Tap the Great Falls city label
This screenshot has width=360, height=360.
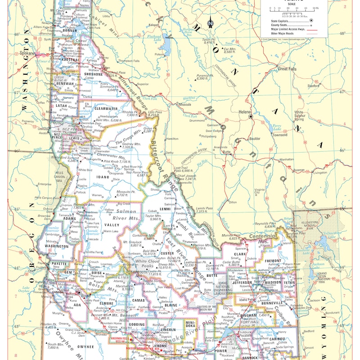287,69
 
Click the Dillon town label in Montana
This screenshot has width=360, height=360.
233,202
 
